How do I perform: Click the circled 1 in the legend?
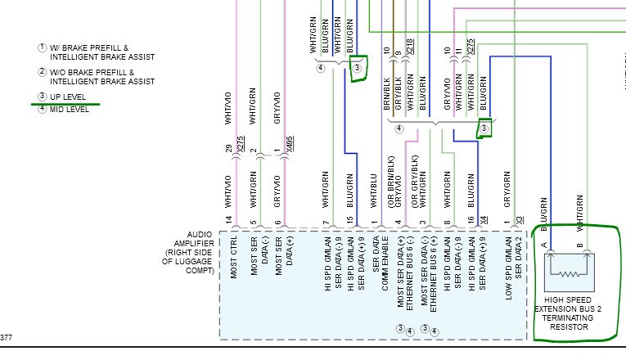click(x=42, y=48)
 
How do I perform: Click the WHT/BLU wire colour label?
click(x=373, y=187)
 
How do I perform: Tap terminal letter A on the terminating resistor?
click(x=543, y=245)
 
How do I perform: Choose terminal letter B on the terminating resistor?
click(x=579, y=245)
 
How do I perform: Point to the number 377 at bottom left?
click(x=7, y=338)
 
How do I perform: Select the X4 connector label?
click(x=484, y=219)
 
